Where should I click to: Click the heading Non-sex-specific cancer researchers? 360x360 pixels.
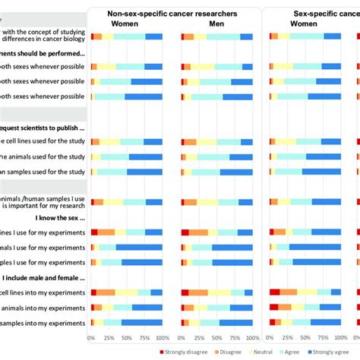tap(172, 14)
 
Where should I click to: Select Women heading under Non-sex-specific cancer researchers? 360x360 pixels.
tap(125, 24)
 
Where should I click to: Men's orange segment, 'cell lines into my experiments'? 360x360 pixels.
tap(199, 292)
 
